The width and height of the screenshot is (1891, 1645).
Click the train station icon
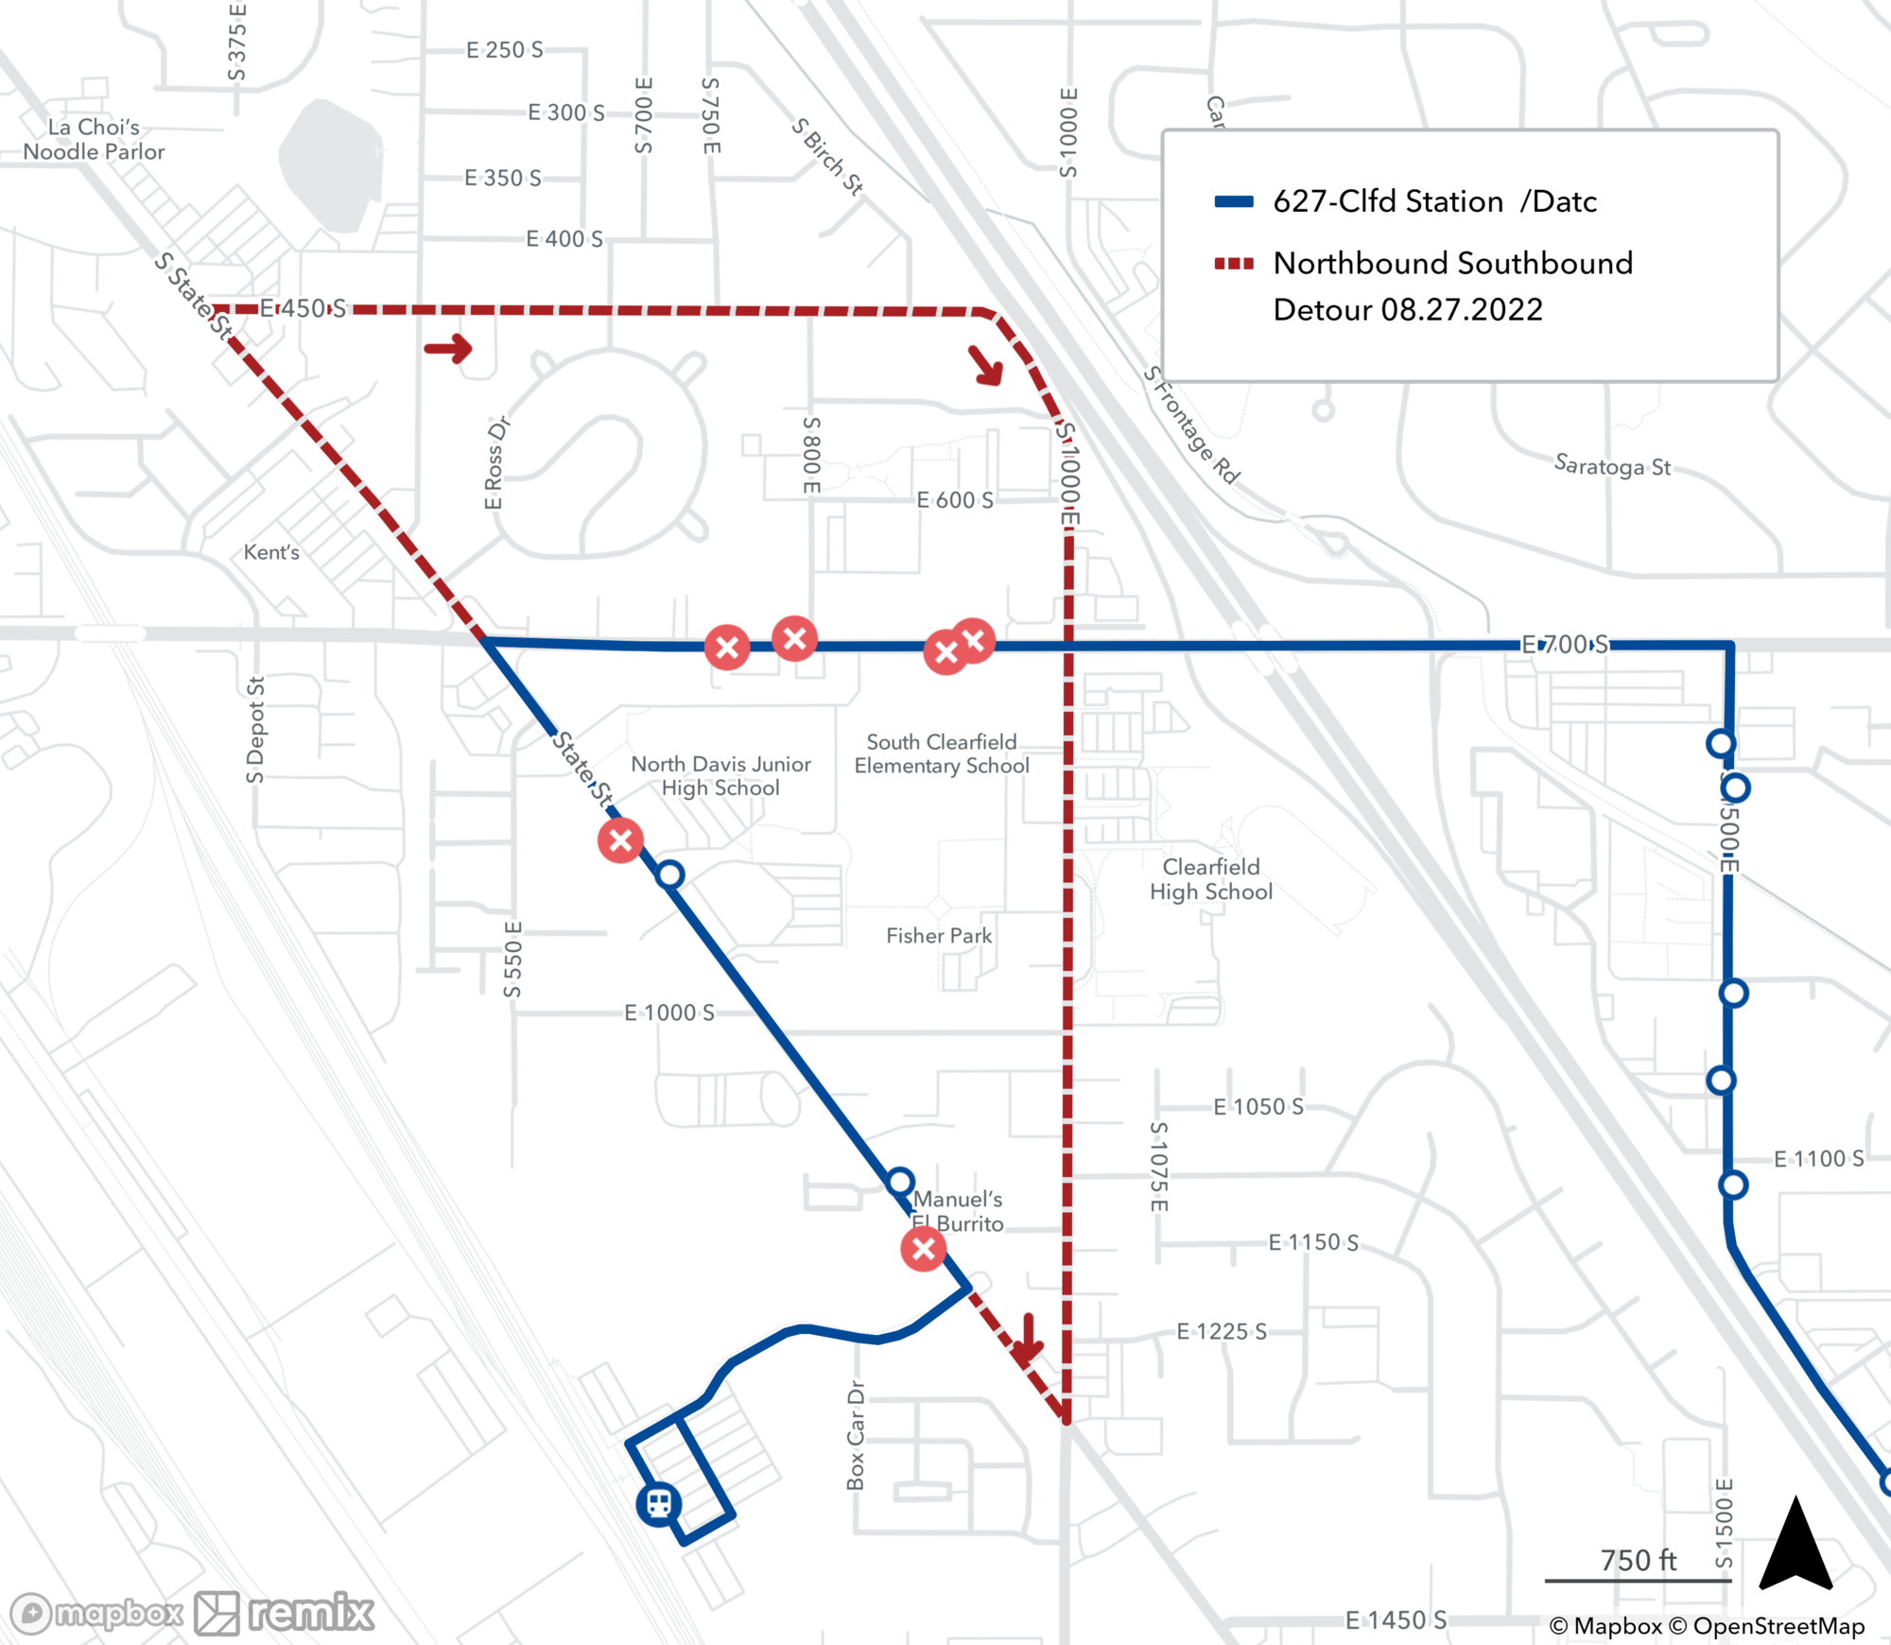click(x=659, y=1502)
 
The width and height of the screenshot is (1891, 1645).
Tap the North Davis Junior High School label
click(x=720, y=776)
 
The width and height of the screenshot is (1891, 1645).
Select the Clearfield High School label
click(x=1211, y=879)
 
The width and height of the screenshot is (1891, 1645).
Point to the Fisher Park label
click(x=939, y=936)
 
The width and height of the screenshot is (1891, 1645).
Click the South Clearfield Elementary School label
click(x=942, y=753)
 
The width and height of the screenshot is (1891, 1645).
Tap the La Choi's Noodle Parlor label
click(x=94, y=140)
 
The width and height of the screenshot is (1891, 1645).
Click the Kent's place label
click(x=271, y=552)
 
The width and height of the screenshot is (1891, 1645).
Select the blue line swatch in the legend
click(x=1234, y=201)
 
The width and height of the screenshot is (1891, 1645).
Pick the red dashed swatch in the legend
click(x=1234, y=264)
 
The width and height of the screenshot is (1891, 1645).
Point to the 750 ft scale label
click(x=1638, y=1560)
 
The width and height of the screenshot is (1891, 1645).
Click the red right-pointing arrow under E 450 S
click(x=449, y=349)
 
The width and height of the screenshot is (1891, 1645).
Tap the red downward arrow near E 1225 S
click(x=1027, y=1339)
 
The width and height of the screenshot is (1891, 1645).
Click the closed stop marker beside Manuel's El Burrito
click(x=924, y=1249)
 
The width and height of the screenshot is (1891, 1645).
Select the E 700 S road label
click(x=1564, y=645)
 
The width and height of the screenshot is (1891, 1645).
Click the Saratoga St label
click(x=1612, y=466)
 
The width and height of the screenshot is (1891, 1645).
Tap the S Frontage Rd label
click(x=1191, y=425)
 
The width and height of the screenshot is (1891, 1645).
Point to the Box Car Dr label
click(x=856, y=1436)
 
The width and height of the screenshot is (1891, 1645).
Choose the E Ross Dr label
click(x=495, y=463)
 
